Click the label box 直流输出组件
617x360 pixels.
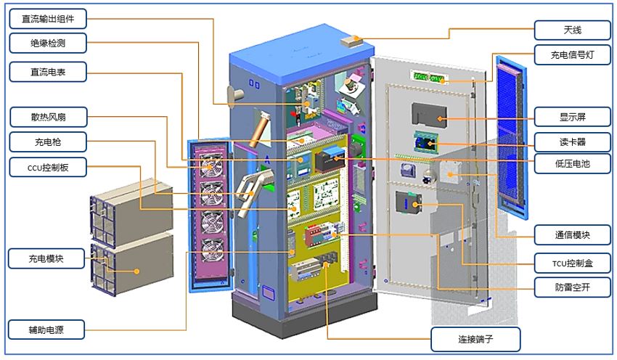[x=49, y=17]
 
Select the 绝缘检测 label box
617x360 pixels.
[x=49, y=44]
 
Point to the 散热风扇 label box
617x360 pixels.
[x=49, y=116]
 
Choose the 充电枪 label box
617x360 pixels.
[x=49, y=140]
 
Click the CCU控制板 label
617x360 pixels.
[x=49, y=168]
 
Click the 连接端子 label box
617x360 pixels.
[x=475, y=338]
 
